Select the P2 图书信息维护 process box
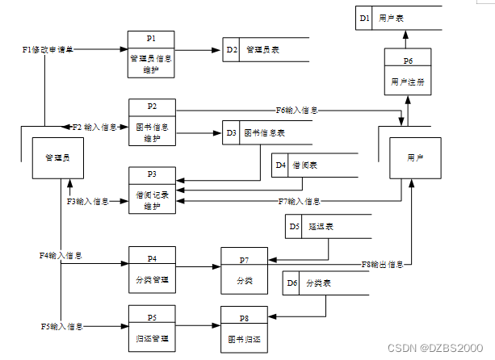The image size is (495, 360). [x=151, y=122]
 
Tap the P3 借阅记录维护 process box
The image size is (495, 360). [x=151, y=190]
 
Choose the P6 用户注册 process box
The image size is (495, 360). [x=408, y=72]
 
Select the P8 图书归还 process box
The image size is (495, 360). [x=244, y=330]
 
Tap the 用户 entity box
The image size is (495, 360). [x=416, y=158]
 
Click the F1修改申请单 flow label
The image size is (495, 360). [x=48, y=50]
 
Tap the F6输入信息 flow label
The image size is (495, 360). [x=296, y=110]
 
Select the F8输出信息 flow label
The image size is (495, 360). [x=382, y=265]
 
